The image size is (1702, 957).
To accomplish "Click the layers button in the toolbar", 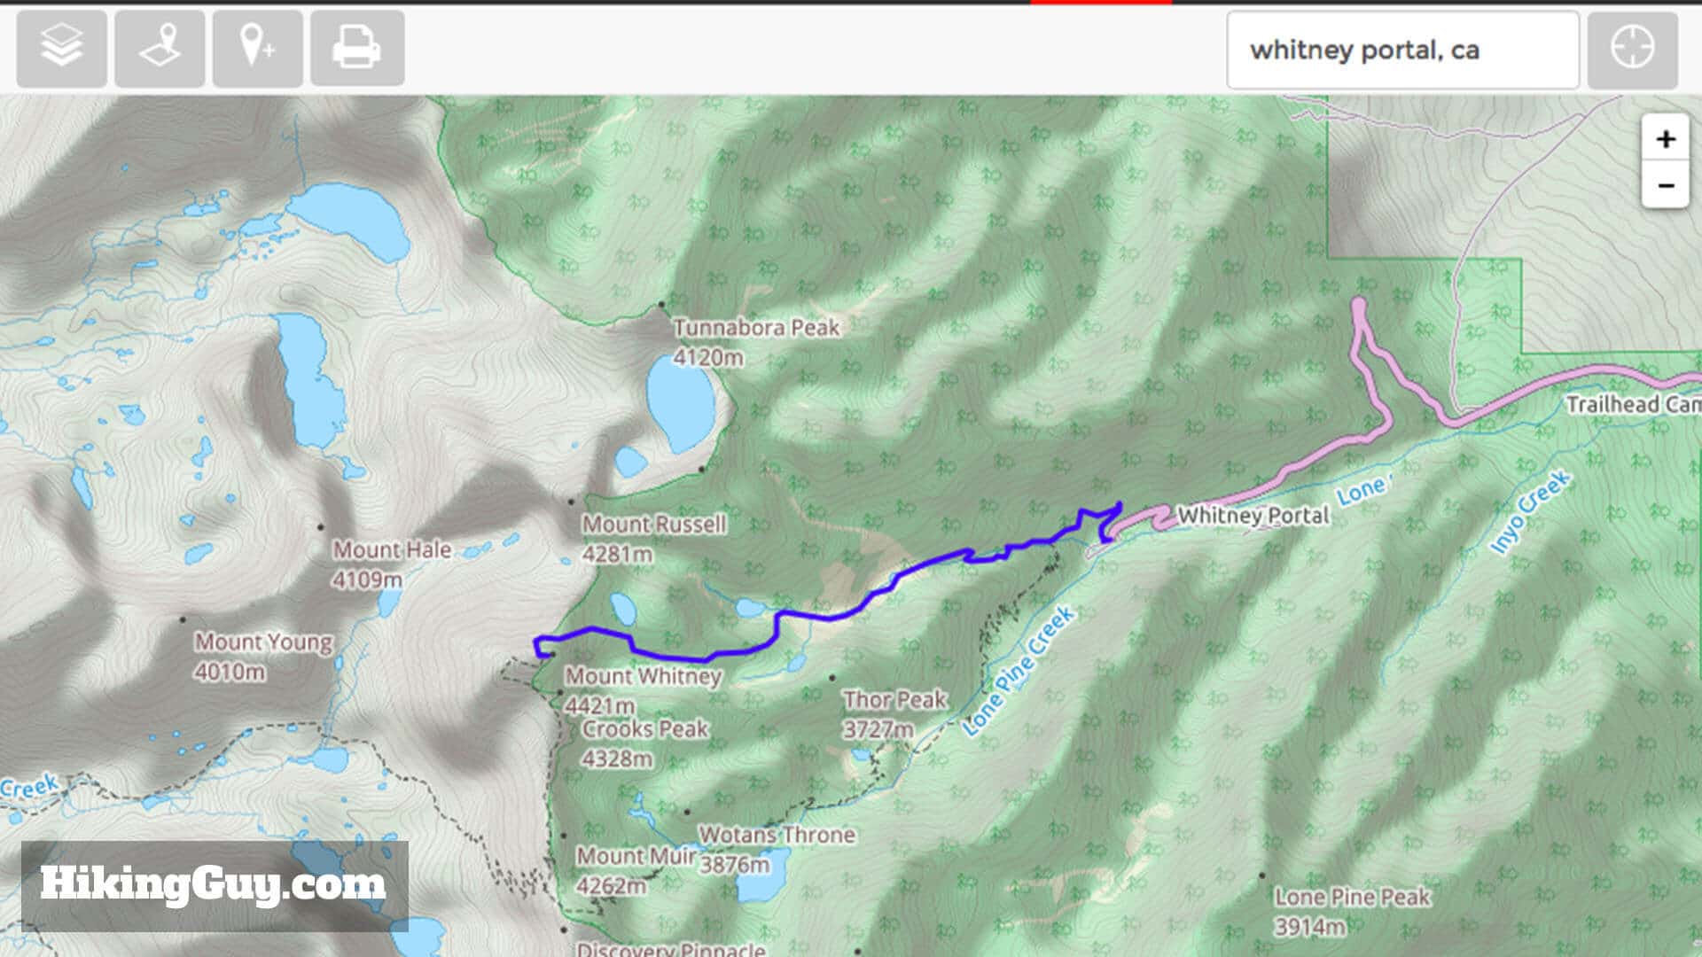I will pyautogui.click(x=61, y=49).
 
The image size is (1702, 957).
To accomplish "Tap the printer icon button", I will pyautogui.click(x=356, y=49).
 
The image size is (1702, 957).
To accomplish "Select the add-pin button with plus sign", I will pyautogui.click(x=257, y=49).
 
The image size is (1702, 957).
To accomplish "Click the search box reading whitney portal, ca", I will pyautogui.click(x=1401, y=51).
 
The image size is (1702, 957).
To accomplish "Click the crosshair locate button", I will pyautogui.click(x=1632, y=49).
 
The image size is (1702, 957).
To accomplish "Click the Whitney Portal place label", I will pyautogui.click(x=1253, y=516).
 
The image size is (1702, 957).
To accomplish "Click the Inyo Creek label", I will pyautogui.click(x=1530, y=513).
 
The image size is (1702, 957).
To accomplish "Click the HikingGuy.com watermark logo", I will pyautogui.click(x=214, y=884).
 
